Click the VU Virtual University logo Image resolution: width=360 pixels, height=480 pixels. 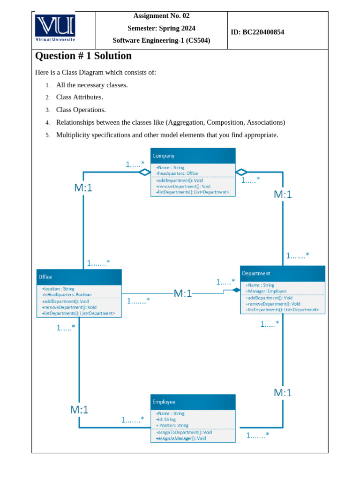pyautogui.click(x=55, y=29)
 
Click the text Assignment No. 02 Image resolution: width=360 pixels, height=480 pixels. pyautogui.click(x=161, y=16)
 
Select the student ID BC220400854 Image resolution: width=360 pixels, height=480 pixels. pyautogui.click(x=263, y=32)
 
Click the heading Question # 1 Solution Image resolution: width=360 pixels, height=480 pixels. pyautogui.click(x=83, y=56)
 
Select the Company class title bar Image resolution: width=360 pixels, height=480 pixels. pyautogui.click(x=193, y=156)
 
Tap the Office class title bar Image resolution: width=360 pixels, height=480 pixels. pyautogui.click(x=79, y=277)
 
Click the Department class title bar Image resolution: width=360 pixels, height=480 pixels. pyautogui.click(x=282, y=273)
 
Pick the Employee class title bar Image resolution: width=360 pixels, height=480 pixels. pyautogui.click(x=193, y=402)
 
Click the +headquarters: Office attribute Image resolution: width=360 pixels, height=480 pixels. pyautogui.click(x=177, y=173)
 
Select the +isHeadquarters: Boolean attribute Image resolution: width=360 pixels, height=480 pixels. pyautogui.click(x=67, y=295)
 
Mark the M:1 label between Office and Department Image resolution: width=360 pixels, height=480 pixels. pyautogui.click(x=183, y=294)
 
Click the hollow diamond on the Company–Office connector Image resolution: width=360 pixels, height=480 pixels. pyautogui.click(x=144, y=172)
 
